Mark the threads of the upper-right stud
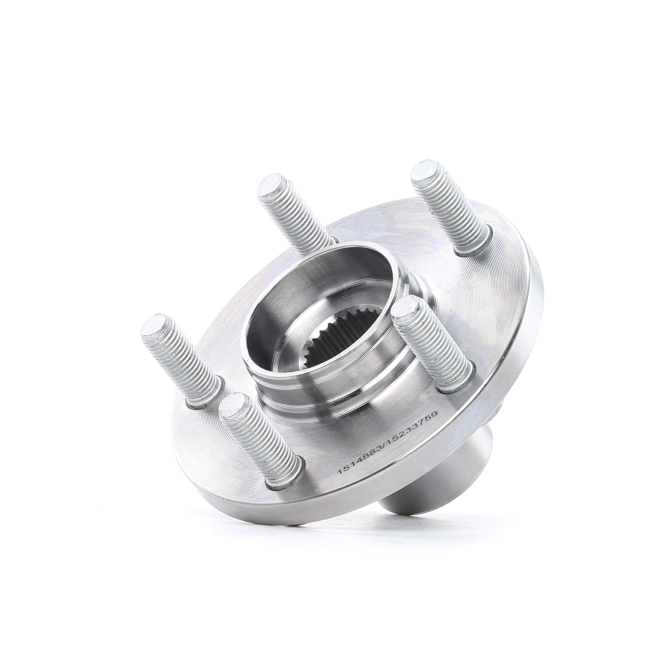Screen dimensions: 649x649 click(454, 215)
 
